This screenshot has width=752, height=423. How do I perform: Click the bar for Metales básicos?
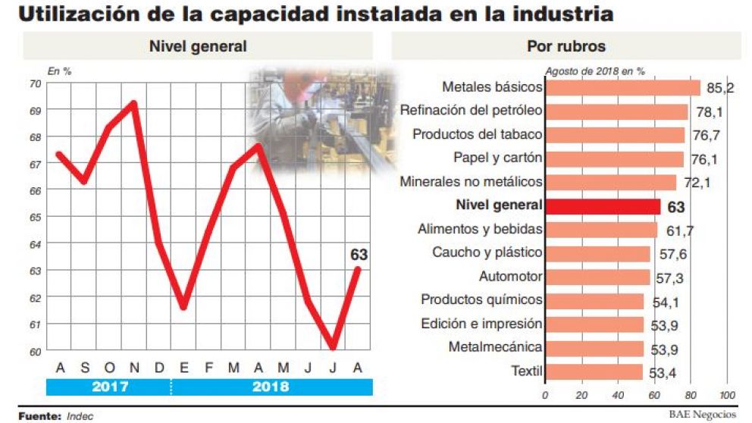(622, 88)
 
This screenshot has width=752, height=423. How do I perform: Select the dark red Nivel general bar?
(603, 205)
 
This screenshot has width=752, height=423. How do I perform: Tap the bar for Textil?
(594, 371)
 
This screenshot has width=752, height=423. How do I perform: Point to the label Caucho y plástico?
(487, 252)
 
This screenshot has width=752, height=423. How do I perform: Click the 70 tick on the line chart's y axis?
(35, 83)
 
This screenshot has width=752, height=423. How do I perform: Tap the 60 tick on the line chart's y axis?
(35, 351)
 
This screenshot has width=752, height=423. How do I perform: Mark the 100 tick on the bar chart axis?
(726, 396)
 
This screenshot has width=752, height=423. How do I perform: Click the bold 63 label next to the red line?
(359, 255)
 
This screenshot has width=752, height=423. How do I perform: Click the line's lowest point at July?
(333, 347)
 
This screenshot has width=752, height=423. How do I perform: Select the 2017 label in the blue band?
(109, 387)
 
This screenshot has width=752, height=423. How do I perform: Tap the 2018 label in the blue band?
(270, 387)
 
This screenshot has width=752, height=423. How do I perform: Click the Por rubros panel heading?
(566, 46)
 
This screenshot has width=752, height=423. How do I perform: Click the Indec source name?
(80, 416)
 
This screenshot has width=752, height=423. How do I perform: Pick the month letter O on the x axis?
(109, 368)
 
